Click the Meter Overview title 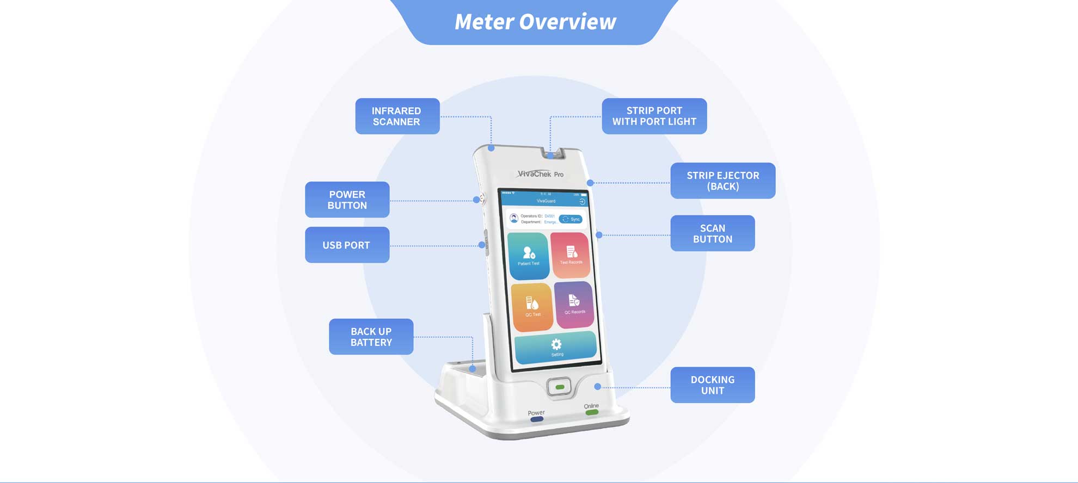pyautogui.click(x=535, y=22)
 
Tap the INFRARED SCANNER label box pyautogui.click(x=397, y=116)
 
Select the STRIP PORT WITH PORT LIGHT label pyautogui.click(x=654, y=116)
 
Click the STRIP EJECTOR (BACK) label pyautogui.click(x=722, y=181)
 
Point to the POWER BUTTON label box pyautogui.click(x=347, y=200)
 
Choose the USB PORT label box pyautogui.click(x=347, y=245)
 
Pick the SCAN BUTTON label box pyautogui.click(x=712, y=233)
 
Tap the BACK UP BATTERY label pyautogui.click(x=371, y=337)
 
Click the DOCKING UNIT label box pyautogui.click(x=712, y=385)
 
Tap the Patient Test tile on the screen pyautogui.click(x=528, y=256)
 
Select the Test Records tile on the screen pyautogui.click(x=571, y=255)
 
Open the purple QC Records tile pyautogui.click(x=574, y=305)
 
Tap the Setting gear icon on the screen pyautogui.click(x=556, y=345)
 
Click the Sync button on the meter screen pyautogui.click(x=571, y=219)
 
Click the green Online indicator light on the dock pyautogui.click(x=592, y=413)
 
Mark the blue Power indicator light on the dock pyautogui.click(x=537, y=419)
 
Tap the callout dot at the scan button pyautogui.click(x=599, y=235)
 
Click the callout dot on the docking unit pyautogui.click(x=598, y=387)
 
